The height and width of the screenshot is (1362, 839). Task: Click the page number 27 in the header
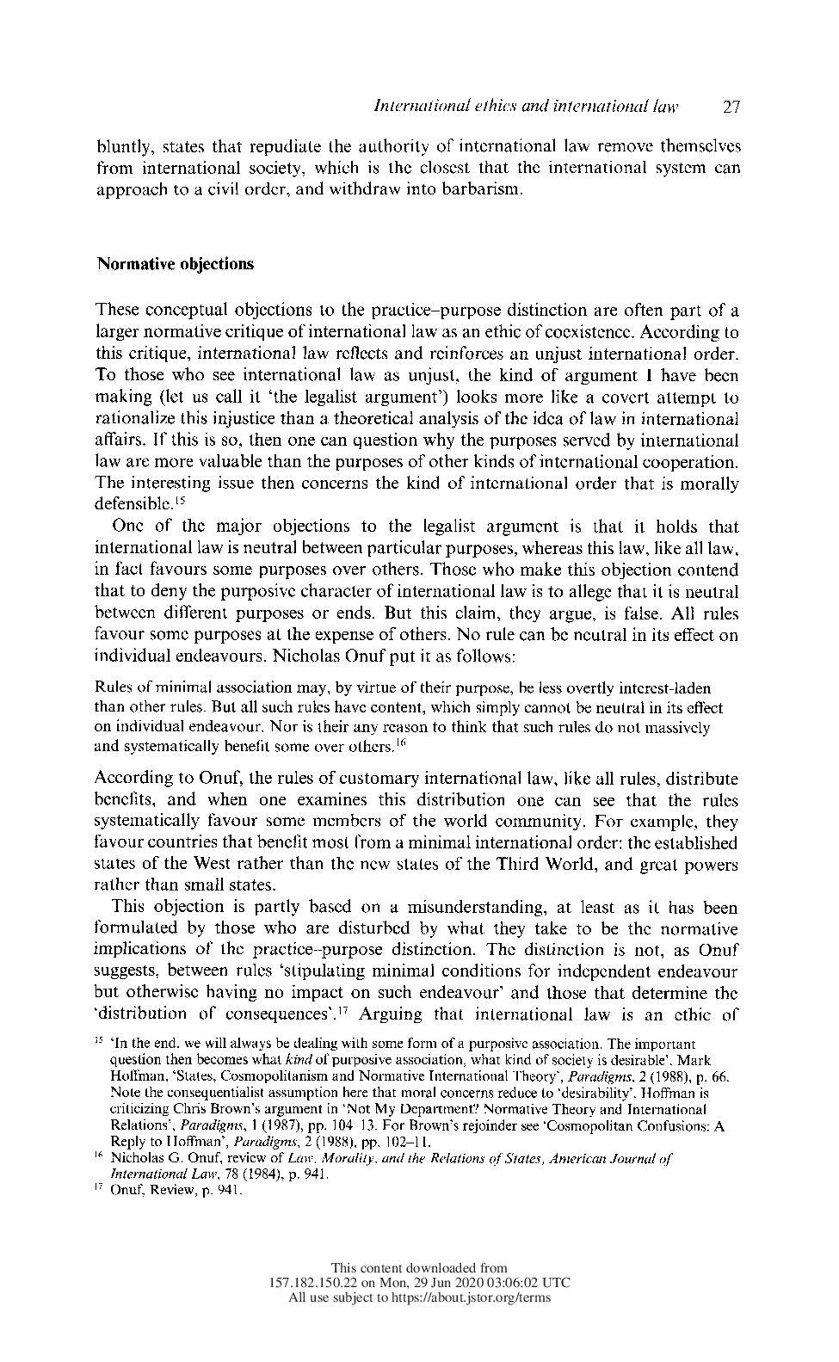(731, 108)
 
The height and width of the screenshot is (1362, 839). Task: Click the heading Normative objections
(175, 264)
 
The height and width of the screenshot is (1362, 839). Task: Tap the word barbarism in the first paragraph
(483, 189)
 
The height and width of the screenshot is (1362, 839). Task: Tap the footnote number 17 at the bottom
(99, 1190)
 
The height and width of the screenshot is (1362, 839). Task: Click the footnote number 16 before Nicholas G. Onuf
(99, 1158)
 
